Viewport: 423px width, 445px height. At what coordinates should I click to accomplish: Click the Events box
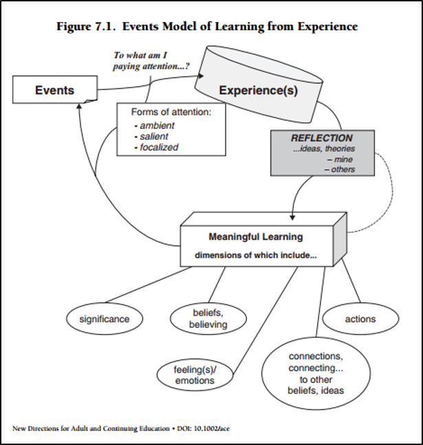pyautogui.click(x=55, y=90)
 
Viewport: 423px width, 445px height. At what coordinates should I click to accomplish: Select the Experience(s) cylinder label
pyautogui.click(x=258, y=90)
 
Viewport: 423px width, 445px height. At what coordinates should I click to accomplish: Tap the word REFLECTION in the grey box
pyautogui.click(x=322, y=138)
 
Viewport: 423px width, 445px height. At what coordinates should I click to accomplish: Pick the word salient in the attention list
pyautogui.click(x=154, y=136)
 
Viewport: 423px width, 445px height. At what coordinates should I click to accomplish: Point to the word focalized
pyautogui.click(x=159, y=147)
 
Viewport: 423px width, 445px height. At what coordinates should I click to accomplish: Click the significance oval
pyautogui.click(x=105, y=319)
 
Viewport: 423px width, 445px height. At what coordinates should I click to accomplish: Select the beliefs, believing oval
pyautogui.click(x=208, y=318)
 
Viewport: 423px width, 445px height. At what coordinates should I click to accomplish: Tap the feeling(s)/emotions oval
pyautogui.click(x=195, y=375)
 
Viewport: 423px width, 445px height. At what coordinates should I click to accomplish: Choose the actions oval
pyautogui.click(x=360, y=319)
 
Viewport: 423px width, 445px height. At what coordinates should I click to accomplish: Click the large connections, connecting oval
pyautogui.click(x=316, y=373)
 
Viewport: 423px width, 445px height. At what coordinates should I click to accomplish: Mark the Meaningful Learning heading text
pyautogui.click(x=256, y=237)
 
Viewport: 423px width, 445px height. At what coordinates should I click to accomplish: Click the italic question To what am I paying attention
pyautogui.click(x=151, y=61)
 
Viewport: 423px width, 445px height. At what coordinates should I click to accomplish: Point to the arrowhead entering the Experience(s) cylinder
pyautogui.click(x=201, y=76)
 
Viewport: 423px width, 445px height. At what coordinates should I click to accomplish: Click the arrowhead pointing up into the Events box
pyautogui.click(x=79, y=106)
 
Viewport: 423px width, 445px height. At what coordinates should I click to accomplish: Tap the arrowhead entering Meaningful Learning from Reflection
pyautogui.click(x=292, y=218)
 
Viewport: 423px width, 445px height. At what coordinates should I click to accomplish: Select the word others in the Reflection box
pyautogui.click(x=343, y=169)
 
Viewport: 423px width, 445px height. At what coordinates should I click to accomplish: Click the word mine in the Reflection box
pyautogui.click(x=343, y=159)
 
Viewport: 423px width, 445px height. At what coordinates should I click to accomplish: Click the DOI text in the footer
pyautogui.click(x=204, y=428)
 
